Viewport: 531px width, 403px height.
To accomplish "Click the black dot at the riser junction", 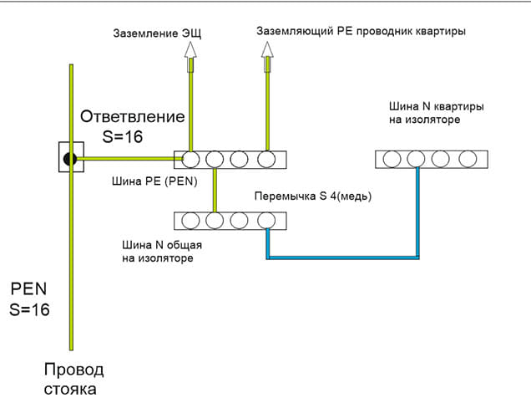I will [71, 157].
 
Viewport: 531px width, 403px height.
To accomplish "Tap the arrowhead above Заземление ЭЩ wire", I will [190, 50].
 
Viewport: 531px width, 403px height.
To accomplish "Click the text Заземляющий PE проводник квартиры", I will [361, 31].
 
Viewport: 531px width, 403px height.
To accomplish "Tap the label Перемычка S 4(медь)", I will [312, 196].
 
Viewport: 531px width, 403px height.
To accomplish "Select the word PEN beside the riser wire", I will [29, 289].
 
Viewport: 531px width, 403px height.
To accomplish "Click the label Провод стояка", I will [74, 379].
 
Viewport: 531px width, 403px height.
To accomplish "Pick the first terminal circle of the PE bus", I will [190, 158].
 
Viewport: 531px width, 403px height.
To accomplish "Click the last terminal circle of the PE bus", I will [266, 158].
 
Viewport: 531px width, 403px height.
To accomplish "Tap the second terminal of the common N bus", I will [215, 221].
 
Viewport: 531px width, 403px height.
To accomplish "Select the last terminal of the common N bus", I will [266, 221].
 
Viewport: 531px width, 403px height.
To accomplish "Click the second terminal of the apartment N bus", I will [416, 158].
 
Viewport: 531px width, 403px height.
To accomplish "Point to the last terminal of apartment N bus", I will [468, 158].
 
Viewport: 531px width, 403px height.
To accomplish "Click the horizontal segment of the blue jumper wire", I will [342, 257].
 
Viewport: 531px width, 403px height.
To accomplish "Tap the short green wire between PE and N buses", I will [215, 190].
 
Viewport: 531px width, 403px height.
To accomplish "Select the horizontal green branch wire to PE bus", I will [125, 158].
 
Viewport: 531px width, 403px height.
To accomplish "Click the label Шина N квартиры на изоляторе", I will [437, 114].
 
